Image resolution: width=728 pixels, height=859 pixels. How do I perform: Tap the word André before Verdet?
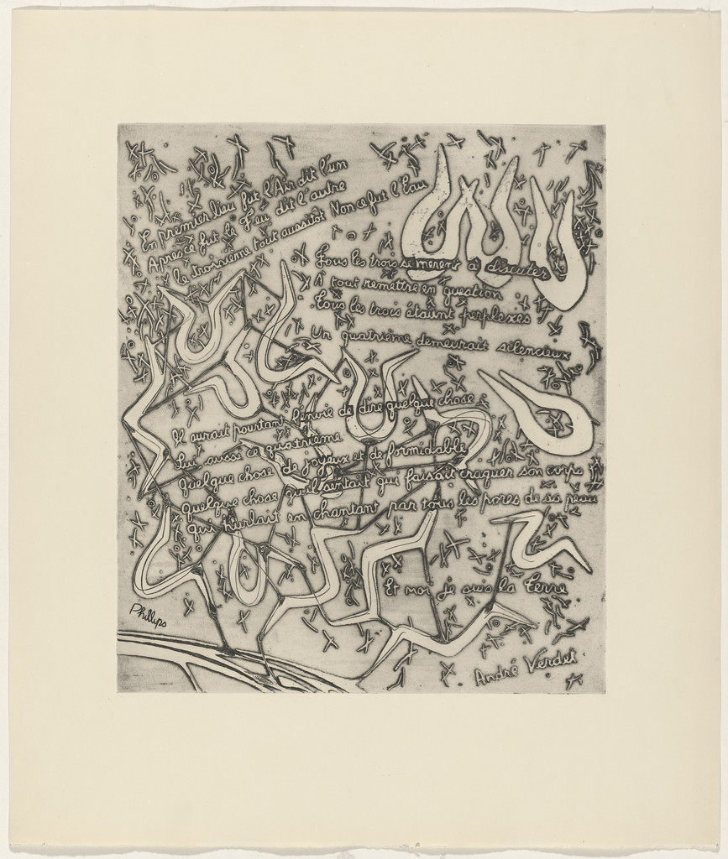(497, 674)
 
